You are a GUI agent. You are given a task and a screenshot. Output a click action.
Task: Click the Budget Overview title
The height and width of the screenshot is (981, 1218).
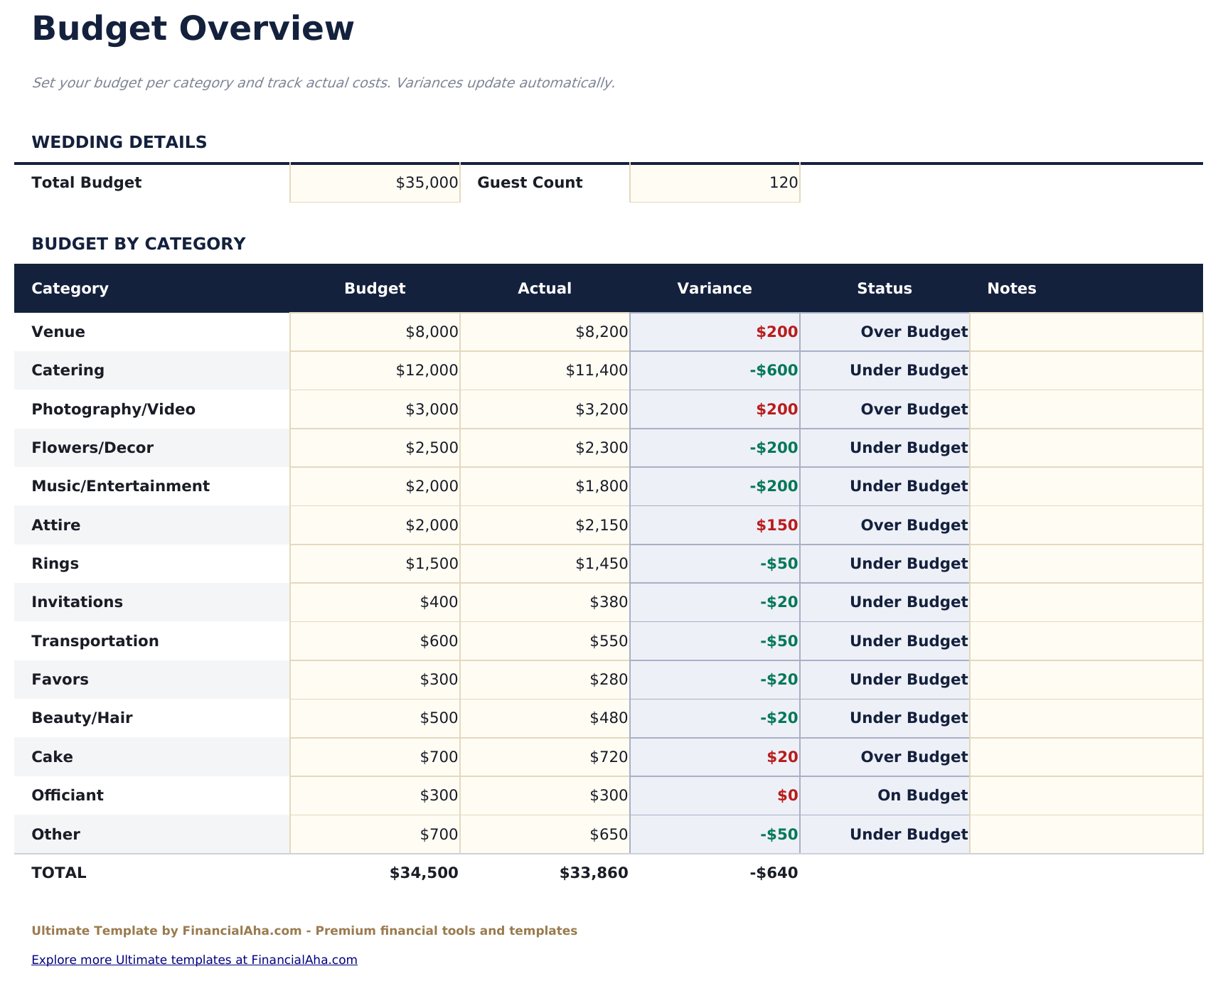pos(193,30)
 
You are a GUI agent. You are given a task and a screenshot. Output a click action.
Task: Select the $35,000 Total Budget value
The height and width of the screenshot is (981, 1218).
pos(427,183)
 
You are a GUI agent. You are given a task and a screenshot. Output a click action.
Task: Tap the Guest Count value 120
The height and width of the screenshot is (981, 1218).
pos(783,183)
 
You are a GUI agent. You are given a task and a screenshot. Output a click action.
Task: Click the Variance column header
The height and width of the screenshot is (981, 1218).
pos(714,289)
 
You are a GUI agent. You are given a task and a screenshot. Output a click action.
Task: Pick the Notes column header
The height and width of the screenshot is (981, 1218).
pos(1011,289)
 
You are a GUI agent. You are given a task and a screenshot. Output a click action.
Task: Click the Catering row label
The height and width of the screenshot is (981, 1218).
pos(68,370)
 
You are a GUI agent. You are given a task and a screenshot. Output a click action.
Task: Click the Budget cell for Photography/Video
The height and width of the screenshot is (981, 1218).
pos(432,409)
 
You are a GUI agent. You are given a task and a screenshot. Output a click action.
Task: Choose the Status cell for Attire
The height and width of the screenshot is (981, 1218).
pos(913,525)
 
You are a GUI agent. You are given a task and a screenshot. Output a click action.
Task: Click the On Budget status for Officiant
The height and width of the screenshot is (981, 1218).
pos(922,795)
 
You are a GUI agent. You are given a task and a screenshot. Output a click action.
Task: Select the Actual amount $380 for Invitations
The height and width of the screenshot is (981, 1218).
pos(609,602)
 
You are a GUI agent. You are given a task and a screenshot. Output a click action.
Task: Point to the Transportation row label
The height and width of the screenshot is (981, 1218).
pos(95,641)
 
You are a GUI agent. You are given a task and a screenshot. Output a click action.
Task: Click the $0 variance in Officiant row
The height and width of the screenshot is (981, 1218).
pos(787,795)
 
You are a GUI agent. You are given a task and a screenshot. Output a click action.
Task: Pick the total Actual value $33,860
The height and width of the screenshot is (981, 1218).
pos(594,873)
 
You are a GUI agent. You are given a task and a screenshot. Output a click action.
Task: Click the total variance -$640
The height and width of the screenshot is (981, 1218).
pos(774,873)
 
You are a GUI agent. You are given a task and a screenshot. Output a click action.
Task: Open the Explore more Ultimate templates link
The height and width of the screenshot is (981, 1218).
pos(194,960)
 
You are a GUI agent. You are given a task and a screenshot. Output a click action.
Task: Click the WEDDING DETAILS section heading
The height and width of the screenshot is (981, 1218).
pos(119,142)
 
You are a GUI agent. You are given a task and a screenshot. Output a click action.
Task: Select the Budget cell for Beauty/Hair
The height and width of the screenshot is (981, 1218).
pos(439,718)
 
